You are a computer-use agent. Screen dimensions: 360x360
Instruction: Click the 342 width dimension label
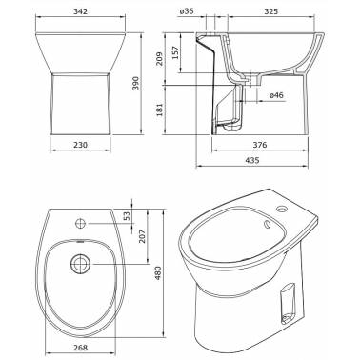coord(80,11)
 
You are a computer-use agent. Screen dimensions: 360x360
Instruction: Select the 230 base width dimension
coord(80,145)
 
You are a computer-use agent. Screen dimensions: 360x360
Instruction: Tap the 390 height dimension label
coord(136,84)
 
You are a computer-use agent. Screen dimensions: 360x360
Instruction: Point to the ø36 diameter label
coord(187,11)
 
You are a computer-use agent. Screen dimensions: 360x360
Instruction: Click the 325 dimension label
coord(270,11)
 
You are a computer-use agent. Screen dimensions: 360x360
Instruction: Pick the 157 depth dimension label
coord(175,53)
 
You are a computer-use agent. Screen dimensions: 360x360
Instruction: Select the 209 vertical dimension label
coord(159,59)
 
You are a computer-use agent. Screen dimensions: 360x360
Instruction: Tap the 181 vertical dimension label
coord(159,109)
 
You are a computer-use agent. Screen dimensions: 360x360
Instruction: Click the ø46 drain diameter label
coord(276,95)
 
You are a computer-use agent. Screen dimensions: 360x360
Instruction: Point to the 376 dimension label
coord(260,145)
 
